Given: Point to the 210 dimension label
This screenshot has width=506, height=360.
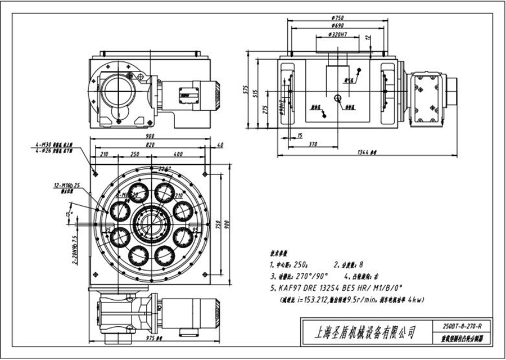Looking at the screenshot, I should [x=103, y=154].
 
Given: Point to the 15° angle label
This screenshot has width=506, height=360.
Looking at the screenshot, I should [x=69, y=215].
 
